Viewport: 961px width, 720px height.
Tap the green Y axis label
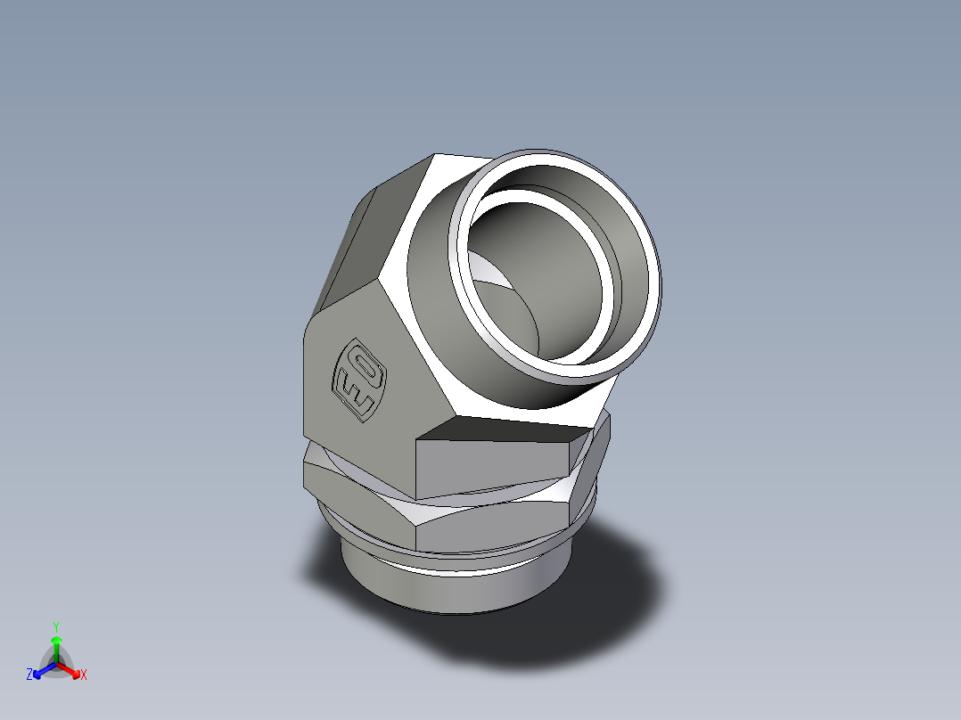[55, 626]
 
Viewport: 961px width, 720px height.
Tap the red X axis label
[83, 675]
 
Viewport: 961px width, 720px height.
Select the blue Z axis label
[29, 675]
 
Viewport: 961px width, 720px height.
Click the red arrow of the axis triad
[71, 669]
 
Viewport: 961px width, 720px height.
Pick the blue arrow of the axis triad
[41, 669]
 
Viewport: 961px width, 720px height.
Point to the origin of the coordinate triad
[56, 663]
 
